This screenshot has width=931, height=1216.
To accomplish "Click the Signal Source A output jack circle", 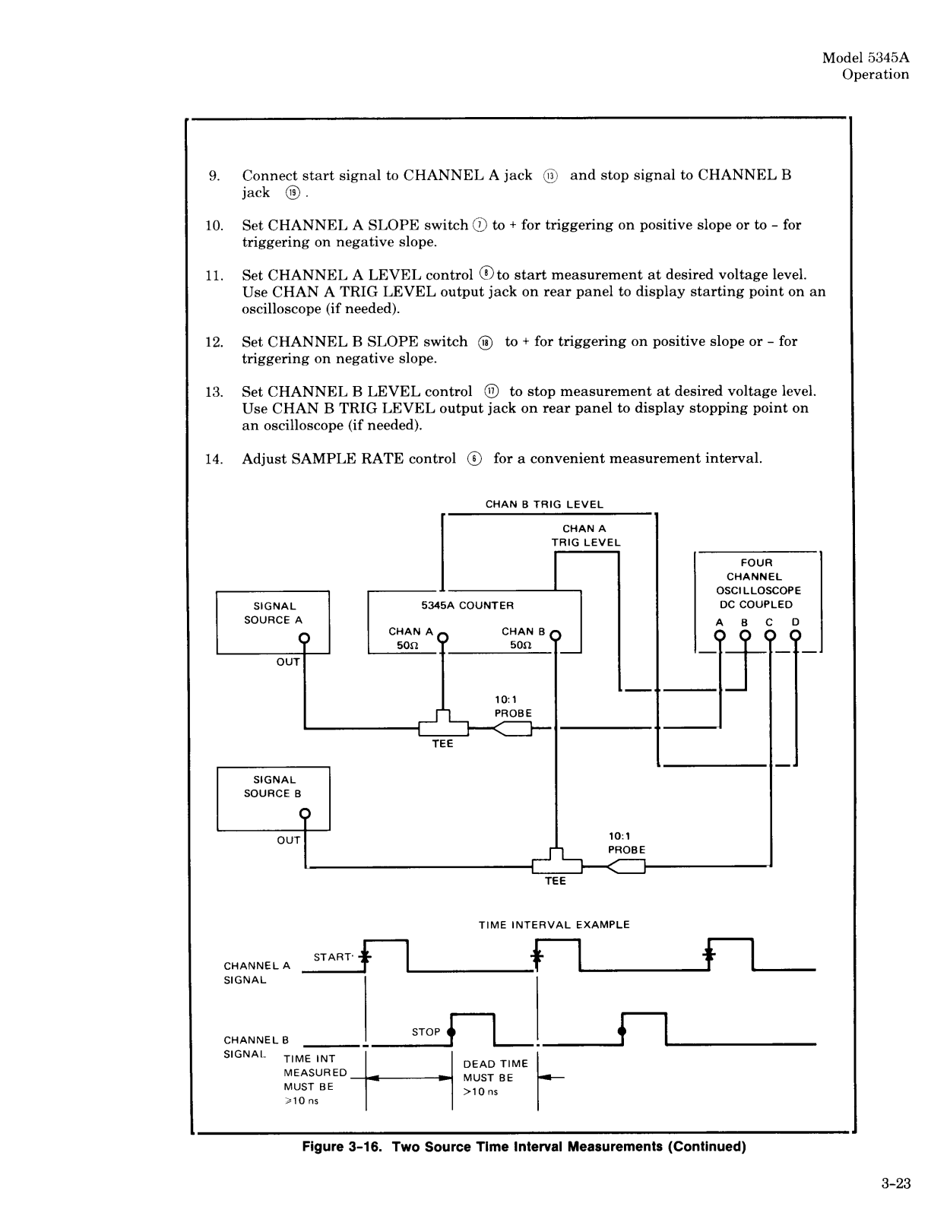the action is pyautogui.click(x=304, y=638).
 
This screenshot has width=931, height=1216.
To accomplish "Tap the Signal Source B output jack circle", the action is pyautogui.click(x=304, y=813).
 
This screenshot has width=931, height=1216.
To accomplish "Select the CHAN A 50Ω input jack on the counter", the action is pyautogui.click(x=442, y=637).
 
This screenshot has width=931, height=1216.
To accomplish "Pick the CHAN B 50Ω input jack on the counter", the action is pyautogui.click(x=556, y=635).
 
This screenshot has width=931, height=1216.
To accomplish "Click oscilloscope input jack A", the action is pyautogui.click(x=720, y=635).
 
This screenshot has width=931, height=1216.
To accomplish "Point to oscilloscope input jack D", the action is pyautogui.click(x=795, y=635).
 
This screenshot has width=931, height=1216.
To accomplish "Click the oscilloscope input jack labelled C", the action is pyautogui.click(x=771, y=635).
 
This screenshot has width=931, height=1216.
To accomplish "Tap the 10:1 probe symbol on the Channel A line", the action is pyautogui.click(x=512, y=729).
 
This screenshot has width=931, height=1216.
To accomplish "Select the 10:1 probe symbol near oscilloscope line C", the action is pyautogui.click(x=626, y=867).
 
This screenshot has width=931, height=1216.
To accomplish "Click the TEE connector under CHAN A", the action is pyautogui.click(x=443, y=724).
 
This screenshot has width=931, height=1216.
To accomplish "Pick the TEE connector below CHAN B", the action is pyautogui.click(x=556, y=863).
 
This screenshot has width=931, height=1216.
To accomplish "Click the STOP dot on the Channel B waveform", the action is pyautogui.click(x=451, y=1031).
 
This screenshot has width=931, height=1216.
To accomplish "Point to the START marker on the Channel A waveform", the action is pyautogui.click(x=366, y=956).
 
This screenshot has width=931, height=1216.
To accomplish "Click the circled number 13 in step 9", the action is pyautogui.click(x=550, y=176).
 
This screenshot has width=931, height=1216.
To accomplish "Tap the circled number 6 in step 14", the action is pyautogui.click(x=474, y=459).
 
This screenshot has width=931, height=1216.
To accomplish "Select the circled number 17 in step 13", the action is pyautogui.click(x=491, y=391).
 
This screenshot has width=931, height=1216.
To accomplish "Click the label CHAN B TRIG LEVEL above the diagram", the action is pyautogui.click(x=544, y=504).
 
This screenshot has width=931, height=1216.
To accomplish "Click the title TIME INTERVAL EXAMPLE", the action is pyautogui.click(x=554, y=925).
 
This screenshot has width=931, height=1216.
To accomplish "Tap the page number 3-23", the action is pyautogui.click(x=896, y=1183).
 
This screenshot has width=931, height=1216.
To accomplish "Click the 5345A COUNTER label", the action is pyautogui.click(x=467, y=606).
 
